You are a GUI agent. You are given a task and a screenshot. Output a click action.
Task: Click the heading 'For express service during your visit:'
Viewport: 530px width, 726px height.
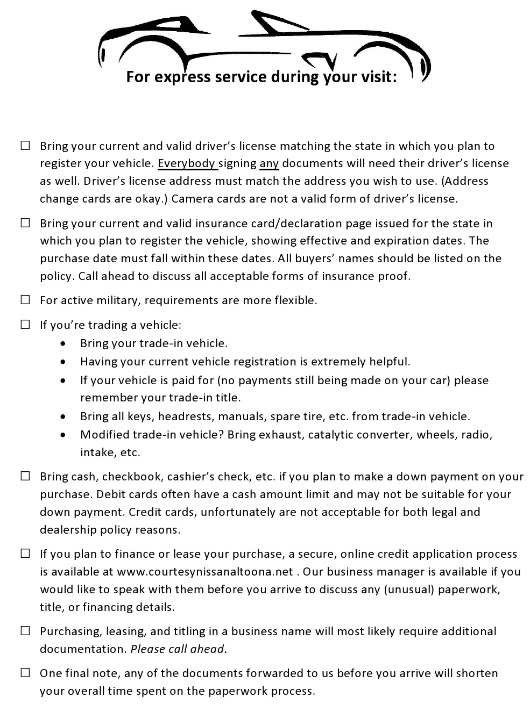click(x=262, y=77)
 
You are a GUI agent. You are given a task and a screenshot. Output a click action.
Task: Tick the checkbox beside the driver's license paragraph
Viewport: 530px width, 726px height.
click(x=25, y=146)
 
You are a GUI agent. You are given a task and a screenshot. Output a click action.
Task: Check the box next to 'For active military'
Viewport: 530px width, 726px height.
click(x=25, y=300)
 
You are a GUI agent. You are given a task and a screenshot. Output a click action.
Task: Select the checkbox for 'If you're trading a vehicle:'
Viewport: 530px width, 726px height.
click(x=25, y=325)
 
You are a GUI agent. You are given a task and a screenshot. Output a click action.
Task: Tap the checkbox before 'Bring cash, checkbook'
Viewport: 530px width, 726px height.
click(x=25, y=476)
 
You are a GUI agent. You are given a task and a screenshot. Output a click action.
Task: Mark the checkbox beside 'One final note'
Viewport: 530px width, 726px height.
click(x=25, y=673)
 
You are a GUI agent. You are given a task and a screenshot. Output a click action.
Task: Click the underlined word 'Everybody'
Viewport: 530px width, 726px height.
click(x=187, y=163)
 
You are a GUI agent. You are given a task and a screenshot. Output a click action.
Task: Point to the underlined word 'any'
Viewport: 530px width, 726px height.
click(x=269, y=163)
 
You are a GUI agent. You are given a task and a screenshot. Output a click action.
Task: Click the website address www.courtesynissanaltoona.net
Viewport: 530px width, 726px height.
click(x=205, y=572)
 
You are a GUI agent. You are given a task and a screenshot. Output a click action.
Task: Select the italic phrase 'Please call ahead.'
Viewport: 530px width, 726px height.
click(x=179, y=649)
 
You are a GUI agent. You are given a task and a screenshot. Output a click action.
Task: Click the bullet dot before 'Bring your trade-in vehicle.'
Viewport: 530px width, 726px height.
click(x=65, y=343)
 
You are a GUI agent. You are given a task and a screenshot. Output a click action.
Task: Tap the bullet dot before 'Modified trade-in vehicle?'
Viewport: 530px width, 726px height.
click(x=65, y=435)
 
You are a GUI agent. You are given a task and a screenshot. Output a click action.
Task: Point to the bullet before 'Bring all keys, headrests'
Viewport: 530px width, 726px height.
click(x=65, y=416)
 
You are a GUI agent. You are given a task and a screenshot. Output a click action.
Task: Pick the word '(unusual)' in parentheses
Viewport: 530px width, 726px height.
click(x=409, y=590)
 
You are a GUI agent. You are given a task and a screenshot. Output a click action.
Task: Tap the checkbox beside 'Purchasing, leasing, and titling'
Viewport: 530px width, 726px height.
click(x=25, y=631)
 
